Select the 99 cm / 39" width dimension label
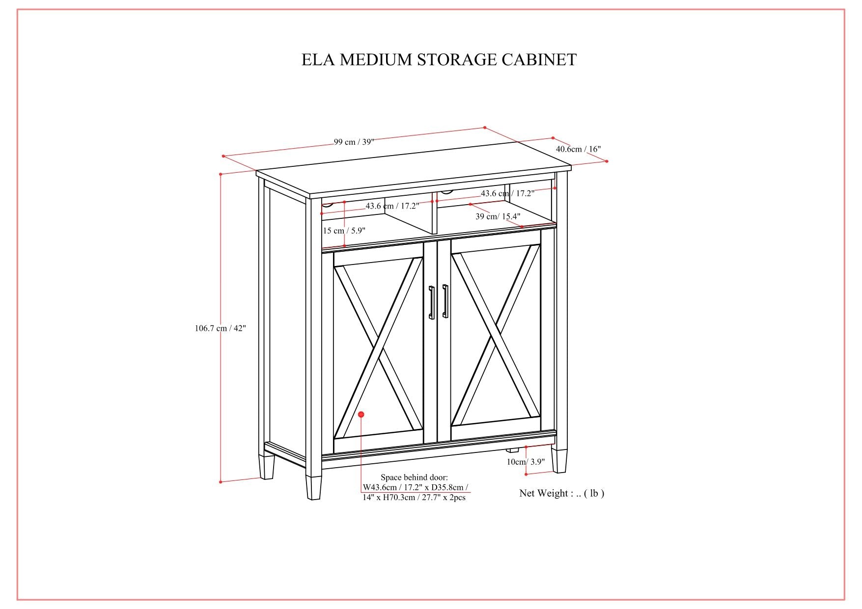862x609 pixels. click(x=354, y=142)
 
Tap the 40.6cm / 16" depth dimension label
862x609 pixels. click(x=578, y=149)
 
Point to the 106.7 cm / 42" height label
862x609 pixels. click(x=220, y=328)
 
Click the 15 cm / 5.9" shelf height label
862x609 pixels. click(x=344, y=231)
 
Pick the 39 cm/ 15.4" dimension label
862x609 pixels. click(x=498, y=216)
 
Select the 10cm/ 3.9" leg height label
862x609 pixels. click(x=526, y=462)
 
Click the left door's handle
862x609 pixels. click(x=431, y=302)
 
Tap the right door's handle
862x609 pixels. click(x=445, y=301)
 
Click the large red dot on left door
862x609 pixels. click(x=361, y=415)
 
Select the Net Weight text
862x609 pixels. click(x=561, y=493)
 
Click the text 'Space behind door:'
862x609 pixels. click(x=414, y=477)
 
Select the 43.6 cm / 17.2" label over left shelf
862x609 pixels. click(x=392, y=206)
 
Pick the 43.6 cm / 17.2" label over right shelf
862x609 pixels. click(x=507, y=193)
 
